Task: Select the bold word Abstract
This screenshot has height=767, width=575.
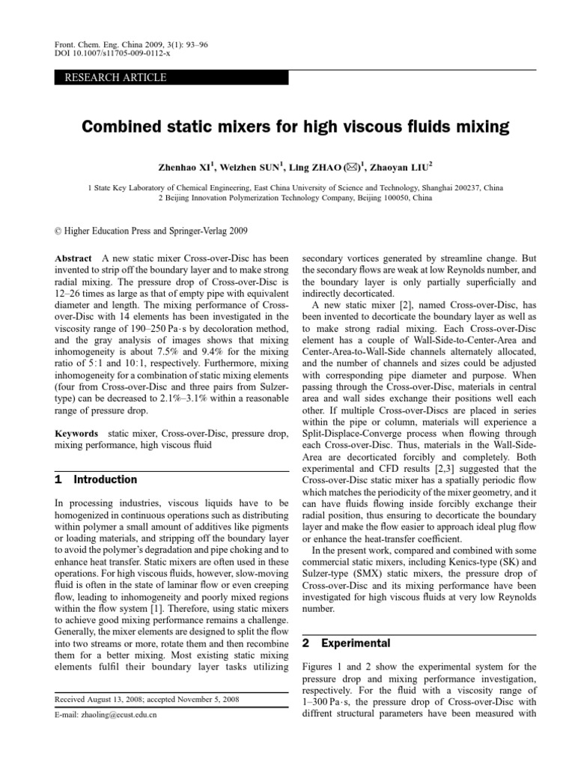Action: (x=75, y=256)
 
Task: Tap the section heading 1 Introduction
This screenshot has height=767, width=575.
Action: (x=97, y=479)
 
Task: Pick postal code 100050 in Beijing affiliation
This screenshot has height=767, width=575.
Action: (x=388, y=199)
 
